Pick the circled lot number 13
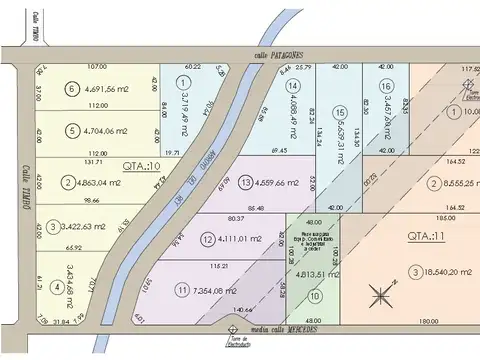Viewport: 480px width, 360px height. click(246, 182)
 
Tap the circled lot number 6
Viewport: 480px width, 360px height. click(71, 88)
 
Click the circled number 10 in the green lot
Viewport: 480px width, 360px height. click(314, 296)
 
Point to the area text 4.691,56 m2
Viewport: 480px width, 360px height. click(106, 88)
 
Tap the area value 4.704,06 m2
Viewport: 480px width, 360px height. click(106, 130)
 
